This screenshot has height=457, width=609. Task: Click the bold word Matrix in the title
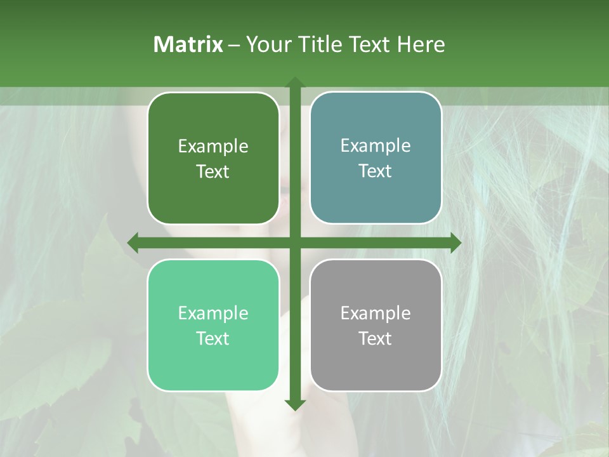[x=188, y=44]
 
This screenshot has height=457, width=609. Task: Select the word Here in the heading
[x=421, y=44]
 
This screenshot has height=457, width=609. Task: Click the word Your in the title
[x=268, y=44]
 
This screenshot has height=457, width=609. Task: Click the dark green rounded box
[x=213, y=158]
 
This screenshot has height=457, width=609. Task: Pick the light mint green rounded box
[x=213, y=325]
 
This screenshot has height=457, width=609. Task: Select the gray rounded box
[x=376, y=325]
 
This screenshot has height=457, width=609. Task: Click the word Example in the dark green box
[x=213, y=147]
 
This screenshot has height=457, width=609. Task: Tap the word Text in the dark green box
[x=213, y=171]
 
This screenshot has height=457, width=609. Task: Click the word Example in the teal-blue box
[x=376, y=146]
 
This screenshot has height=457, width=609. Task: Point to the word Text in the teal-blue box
[x=376, y=171]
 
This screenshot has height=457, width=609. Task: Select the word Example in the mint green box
[x=213, y=313]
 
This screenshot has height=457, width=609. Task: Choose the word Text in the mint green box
[x=213, y=338]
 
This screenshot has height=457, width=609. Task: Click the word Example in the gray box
[x=376, y=313]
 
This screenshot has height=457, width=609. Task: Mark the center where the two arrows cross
[x=295, y=242]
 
